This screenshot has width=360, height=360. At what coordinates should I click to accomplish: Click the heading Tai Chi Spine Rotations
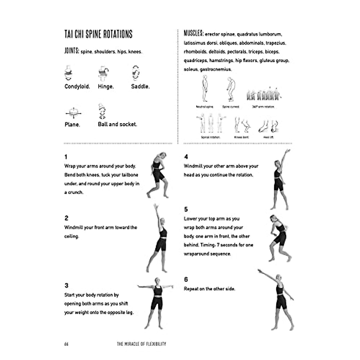(98, 34)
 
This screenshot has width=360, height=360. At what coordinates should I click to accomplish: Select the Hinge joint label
(106, 87)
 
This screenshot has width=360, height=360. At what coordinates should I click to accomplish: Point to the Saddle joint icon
(136, 73)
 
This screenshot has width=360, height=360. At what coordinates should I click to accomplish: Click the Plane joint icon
(73, 113)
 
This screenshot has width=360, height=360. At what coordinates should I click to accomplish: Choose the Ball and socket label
(117, 124)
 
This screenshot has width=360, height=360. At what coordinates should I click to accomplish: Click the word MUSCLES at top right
(193, 33)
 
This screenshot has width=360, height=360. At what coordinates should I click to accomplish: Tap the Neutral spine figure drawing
(205, 89)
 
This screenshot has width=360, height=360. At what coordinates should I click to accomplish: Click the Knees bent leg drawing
(242, 124)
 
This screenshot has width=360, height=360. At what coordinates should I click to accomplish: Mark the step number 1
(66, 157)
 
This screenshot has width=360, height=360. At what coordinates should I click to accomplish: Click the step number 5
(186, 209)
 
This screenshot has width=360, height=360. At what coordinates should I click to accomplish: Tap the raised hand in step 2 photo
(155, 206)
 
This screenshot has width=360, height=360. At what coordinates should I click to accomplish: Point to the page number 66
(66, 344)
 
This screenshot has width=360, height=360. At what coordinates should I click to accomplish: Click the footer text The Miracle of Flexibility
(141, 344)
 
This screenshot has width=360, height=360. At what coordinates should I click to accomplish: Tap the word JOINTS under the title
(72, 51)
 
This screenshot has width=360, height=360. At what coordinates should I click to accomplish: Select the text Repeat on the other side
(209, 289)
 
